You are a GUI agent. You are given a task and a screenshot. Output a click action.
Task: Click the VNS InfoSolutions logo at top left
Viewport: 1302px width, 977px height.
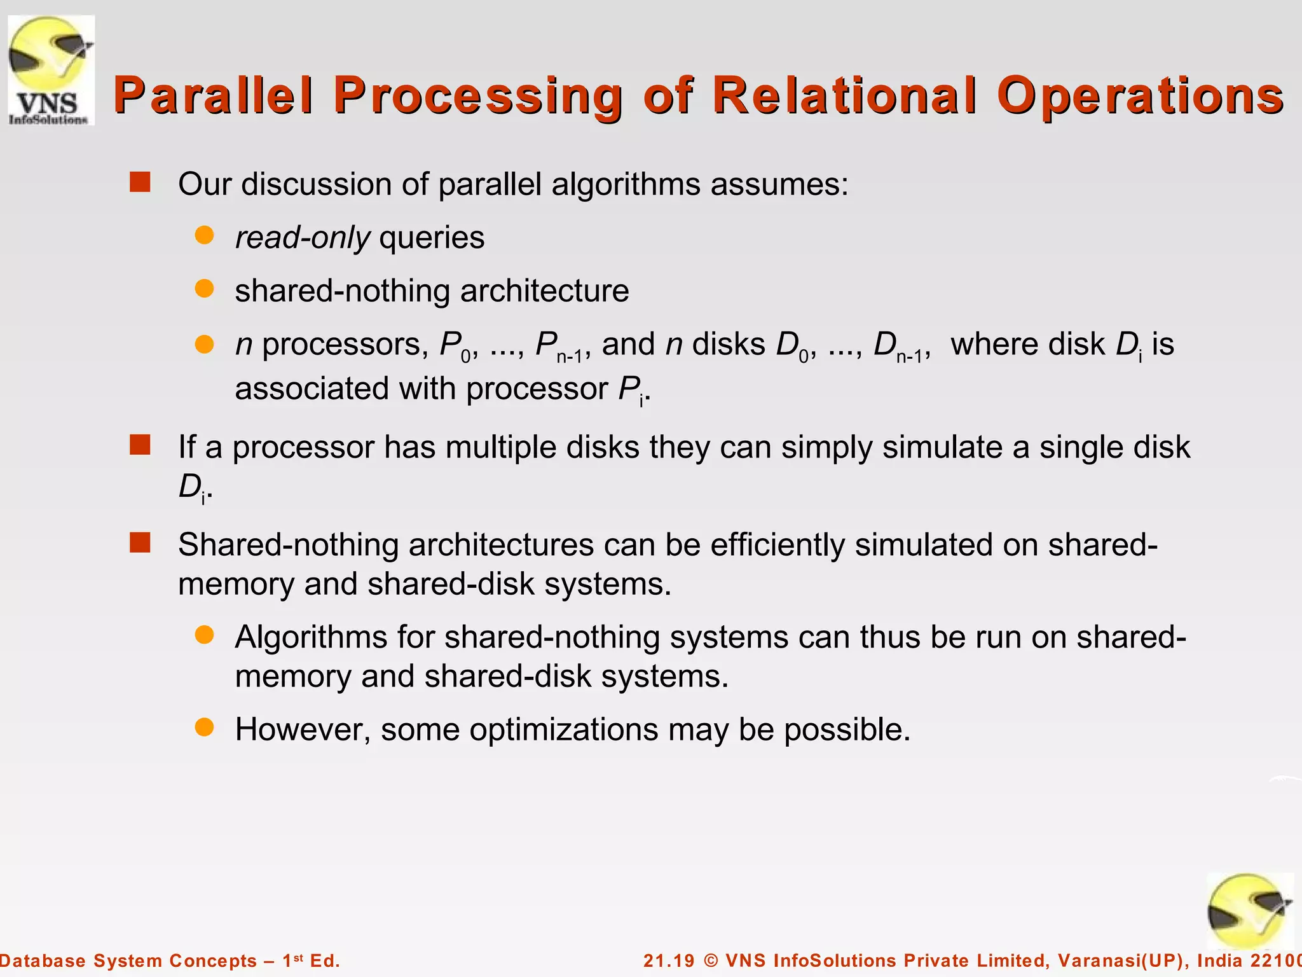click(x=51, y=70)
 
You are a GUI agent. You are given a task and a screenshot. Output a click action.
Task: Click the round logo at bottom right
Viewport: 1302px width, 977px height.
click(x=1249, y=911)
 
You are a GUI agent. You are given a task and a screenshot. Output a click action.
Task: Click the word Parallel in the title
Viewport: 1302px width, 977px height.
click(x=214, y=95)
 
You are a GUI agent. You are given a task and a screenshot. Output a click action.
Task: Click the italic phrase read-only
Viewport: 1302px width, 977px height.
click(x=303, y=238)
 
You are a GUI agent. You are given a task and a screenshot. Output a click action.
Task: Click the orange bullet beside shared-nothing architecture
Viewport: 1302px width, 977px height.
click(x=204, y=289)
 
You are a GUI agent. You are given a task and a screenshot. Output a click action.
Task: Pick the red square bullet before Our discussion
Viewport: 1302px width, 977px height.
click(x=140, y=183)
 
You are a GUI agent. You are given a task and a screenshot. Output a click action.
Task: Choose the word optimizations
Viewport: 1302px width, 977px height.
click(x=563, y=729)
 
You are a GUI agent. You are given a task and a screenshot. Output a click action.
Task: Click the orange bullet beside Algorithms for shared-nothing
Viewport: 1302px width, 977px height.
click(x=204, y=635)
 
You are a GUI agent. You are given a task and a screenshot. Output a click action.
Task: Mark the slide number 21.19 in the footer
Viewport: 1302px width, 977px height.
click(x=669, y=960)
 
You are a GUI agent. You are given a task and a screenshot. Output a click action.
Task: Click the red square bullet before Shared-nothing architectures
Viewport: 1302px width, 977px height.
click(x=140, y=543)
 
